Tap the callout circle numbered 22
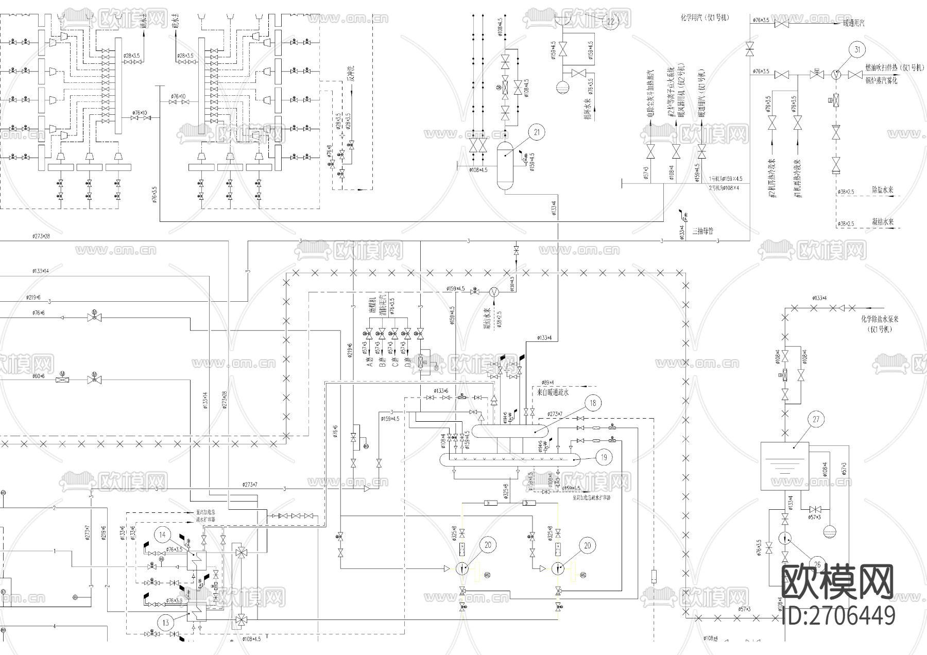point(610,22)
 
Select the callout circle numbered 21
point(537,132)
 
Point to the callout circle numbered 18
point(593,403)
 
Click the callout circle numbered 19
point(604,456)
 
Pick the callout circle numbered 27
point(816,419)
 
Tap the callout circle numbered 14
point(162,535)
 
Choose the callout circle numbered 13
point(166,623)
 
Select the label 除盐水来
point(882,189)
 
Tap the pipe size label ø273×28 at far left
point(40,236)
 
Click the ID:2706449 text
point(838,616)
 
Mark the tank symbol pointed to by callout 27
point(784,466)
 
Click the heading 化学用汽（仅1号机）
point(705,18)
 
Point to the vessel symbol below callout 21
point(505,165)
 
